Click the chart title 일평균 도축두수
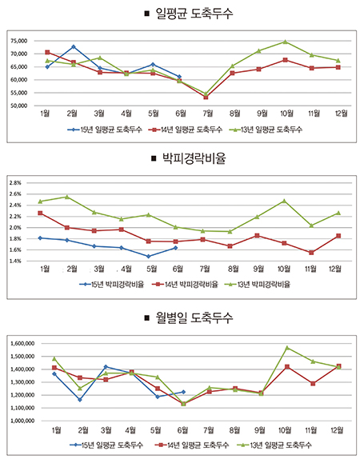pos(194,13)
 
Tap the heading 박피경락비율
pos(194,158)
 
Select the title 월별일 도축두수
pos(194,317)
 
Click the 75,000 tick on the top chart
pos(18,41)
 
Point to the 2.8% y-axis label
pos(15,183)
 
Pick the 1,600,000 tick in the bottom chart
pos(22,343)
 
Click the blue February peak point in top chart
pos(74,47)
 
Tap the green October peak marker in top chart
pos(285,42)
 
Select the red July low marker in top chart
pos(206,98)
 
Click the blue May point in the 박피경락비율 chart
pos(148,257)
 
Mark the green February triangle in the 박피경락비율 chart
pos(66,197)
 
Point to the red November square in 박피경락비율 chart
pos(311,253)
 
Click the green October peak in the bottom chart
pos(287,348)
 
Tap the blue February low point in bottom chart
pos(80,400)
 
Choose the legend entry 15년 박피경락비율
pos(112,284)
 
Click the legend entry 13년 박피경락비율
pos(257,284)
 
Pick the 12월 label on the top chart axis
pos(342,114)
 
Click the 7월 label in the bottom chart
pos(208,430)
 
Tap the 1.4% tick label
pos(15,261)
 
